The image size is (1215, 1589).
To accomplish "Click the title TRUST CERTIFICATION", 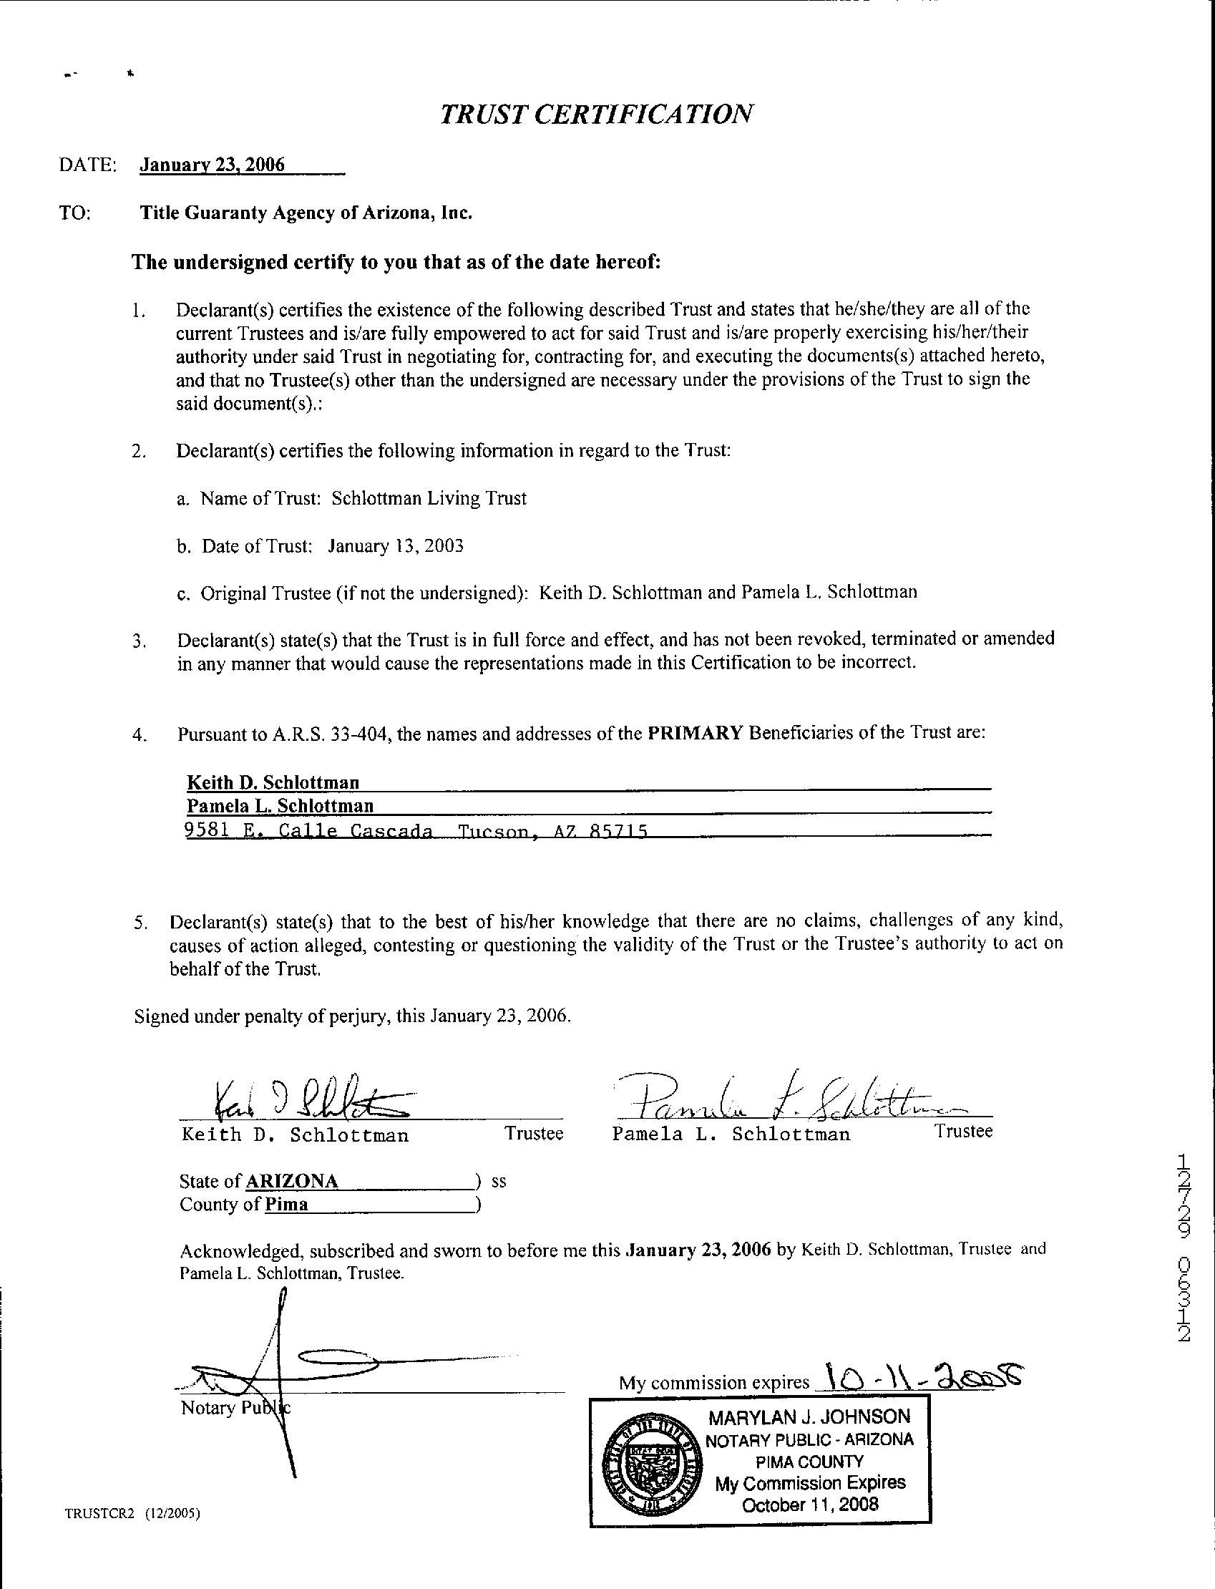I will pyautogui.click(x=597, y=114).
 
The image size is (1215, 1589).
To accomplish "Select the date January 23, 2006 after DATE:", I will pyautogui.click(x=212, y=165).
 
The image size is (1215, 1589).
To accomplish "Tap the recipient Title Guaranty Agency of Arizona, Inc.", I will pyautogui.click(x=306, y=213).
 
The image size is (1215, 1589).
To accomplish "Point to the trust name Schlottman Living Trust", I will pyautogui.click(x=429, y=498).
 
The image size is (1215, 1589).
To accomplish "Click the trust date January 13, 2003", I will pyautogui.click(x=395, y=545).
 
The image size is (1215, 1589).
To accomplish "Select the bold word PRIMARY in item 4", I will pyautogui.click(x=695, y=733).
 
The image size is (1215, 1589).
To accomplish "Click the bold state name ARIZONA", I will pyautogui.click(x=292, y=1181).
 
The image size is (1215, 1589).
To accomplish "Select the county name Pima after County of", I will pyautogui.click(x=286, y=1204).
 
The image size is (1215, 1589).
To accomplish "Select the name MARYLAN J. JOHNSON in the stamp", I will pyautogui.click(x=809, y=1417).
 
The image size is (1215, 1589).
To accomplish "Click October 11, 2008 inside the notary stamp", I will pyautogui.click(x=810, y=1505).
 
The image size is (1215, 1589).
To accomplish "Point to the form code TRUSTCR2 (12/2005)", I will pyautogui.click(x=132, y=1513).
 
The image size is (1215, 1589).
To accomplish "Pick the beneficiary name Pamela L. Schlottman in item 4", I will pyautogui.click(x=280, y=806).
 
